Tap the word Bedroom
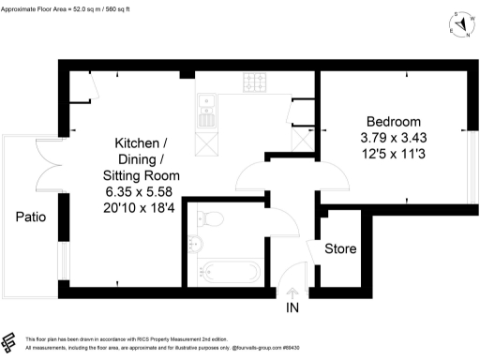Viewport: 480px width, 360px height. click(393, 122)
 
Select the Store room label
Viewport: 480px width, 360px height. click(339, 249)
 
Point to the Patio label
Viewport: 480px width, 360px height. click(31, 217)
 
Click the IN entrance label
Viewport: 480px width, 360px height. click(292, 307)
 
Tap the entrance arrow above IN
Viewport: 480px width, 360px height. click(292, 292)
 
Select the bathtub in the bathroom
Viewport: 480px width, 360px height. click(229, 274)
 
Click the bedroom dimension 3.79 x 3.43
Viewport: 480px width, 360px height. click(393, 138)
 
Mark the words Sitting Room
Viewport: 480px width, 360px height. click(141, 175)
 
